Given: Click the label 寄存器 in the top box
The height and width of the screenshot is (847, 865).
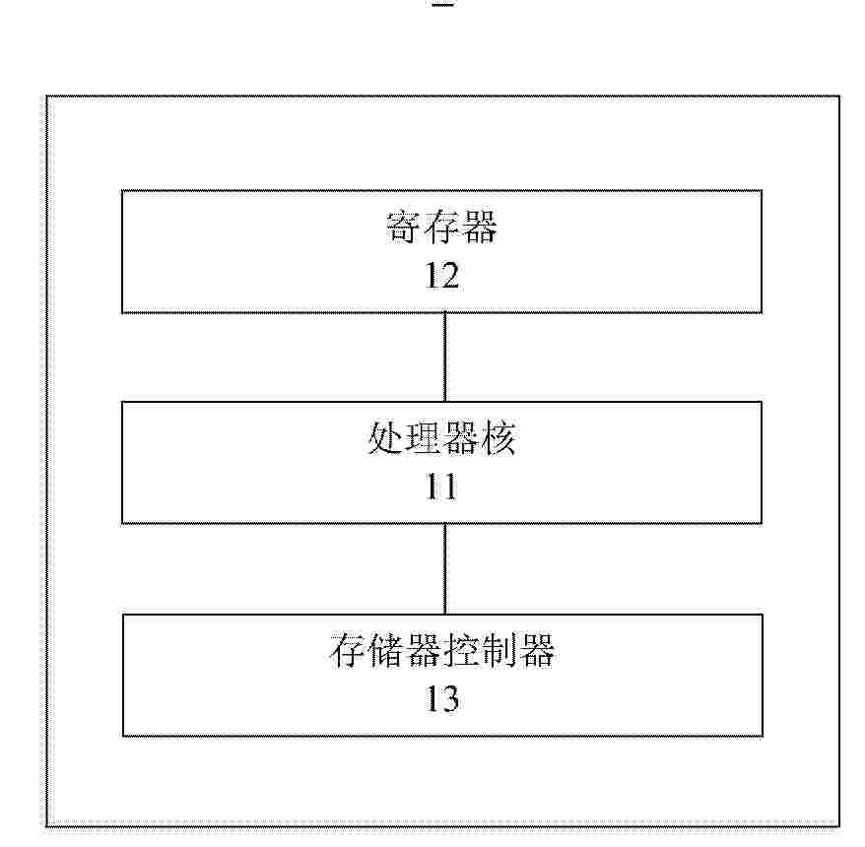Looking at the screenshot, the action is point(441,227).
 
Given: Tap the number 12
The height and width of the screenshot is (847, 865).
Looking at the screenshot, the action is point(442,276).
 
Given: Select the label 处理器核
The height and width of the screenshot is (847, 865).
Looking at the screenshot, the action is point(441,438).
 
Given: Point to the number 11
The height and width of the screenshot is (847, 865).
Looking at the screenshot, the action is point(441,487).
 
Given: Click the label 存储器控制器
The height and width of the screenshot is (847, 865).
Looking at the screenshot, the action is point(442,650).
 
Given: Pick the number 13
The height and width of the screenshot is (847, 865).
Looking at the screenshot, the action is point(442,698).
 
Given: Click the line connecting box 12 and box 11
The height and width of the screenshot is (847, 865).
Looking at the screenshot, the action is point(445,358).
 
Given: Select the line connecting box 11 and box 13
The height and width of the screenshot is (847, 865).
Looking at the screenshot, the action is point(445,569).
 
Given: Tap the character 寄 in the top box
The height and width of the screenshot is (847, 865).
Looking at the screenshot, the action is point(404,227).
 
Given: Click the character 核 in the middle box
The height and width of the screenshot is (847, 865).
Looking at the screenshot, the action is point(499,438).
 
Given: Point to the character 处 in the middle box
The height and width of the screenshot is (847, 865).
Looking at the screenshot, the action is point(385,439).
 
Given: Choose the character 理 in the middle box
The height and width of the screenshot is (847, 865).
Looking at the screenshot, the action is point(423,438).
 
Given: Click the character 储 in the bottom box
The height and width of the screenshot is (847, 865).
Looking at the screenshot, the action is point(385,650).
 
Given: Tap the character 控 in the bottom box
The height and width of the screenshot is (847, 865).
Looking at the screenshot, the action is point(461,650).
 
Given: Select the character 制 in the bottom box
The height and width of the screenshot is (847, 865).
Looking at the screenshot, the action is point(499,650).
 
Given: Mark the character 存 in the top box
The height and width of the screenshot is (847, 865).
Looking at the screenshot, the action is point(441,227).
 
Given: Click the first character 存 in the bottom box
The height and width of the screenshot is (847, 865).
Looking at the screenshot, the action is point(348,650).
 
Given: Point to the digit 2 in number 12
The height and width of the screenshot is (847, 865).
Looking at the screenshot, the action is point(449,276).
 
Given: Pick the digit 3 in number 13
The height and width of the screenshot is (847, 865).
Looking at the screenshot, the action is point(449,698).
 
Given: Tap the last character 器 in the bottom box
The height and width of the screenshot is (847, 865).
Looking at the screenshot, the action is point(536,650).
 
